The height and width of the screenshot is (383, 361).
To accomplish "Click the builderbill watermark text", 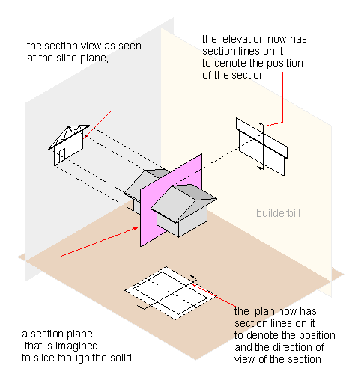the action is (278, 213).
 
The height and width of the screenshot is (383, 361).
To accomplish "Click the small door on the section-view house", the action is (62, 155).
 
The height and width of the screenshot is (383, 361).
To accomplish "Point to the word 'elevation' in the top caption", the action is (242, 39).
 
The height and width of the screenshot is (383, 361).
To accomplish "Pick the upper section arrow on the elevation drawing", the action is (261, 123).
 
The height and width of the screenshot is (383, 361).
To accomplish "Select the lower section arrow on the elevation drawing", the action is (261, 168).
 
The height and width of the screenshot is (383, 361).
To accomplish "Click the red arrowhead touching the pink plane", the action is (137, 227).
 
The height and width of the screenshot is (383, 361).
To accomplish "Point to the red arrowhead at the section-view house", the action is (85, 136).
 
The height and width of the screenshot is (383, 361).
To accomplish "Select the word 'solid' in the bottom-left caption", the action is (119, 358).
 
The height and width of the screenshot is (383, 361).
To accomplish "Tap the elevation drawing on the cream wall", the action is (261, 147).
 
